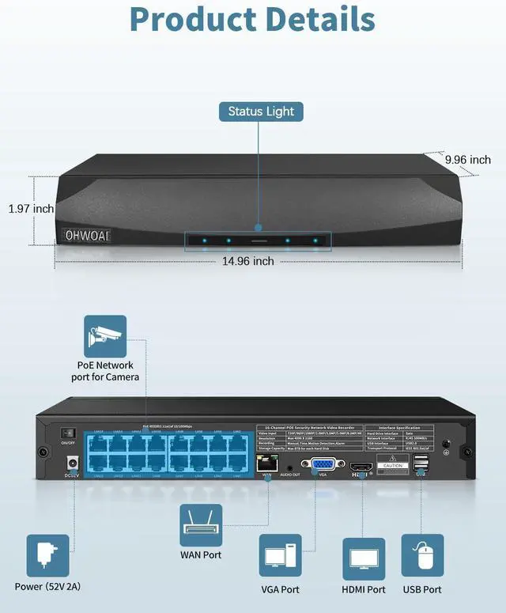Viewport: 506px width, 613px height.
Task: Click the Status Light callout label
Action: [x=261, y=112]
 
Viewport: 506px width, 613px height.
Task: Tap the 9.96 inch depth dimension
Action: [x=467, y=160]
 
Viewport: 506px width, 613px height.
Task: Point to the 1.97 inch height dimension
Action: [x=31, y=209]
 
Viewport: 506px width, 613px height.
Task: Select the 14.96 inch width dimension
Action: [x=248, y=260]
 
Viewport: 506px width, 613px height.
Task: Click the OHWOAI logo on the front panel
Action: [x=87, y=236]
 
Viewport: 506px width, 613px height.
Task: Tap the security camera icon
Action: [x=105, y=336]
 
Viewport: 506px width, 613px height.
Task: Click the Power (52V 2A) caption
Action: [x=47, y=587]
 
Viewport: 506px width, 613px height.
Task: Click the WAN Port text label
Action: [x=201, y=555]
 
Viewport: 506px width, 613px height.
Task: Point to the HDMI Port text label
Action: [x=364, y=589]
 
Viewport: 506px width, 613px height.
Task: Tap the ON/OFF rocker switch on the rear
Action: [x=68, y=434]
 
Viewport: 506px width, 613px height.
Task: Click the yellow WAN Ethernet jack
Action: [x=266, y=464]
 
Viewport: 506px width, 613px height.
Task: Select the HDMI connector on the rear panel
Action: [x=361, y=467]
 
